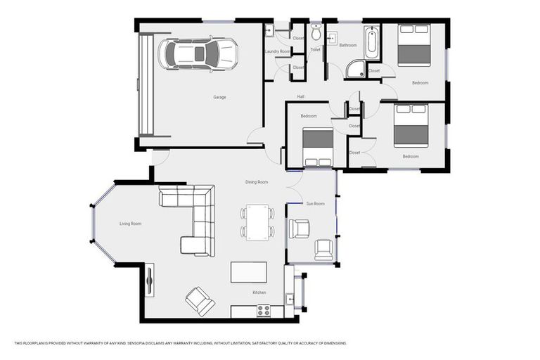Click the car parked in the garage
(x=198, y=54)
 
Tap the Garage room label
(x=220, y=97)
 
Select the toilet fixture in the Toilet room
(x=316, y=33)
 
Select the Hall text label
(x=300, y=97)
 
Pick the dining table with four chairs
(x=257, y=222)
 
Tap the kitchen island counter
(x=249, y=272)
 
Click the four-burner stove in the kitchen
(x=264, y=310)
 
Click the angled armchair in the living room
(x=200, y=301)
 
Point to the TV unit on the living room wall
(x=149, y=282)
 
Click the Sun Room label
(x=315, y=204)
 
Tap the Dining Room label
(x=257, y=182)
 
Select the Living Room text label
(x=130, y=224)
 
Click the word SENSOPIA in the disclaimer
(x=137, y=343)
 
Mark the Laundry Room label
(x=277, y=51)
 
